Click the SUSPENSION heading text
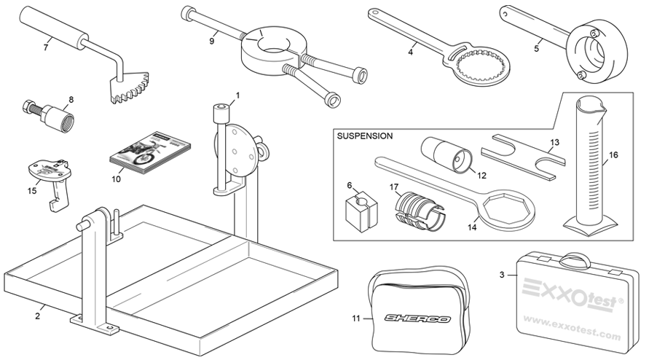click(x=365, y=136)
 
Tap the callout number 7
click(x=46, y=47)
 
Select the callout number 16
click(x=613, y=154)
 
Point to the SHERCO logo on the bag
click(x=417, y=318)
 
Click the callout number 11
click(x=356, y=318)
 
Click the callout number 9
click(x=211, y=42)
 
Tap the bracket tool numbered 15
click(x=47, y=176)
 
